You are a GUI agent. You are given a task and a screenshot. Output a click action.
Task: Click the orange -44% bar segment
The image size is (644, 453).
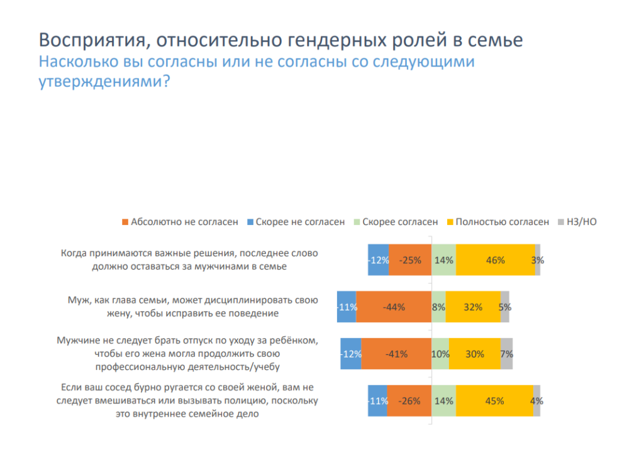click(394, 307)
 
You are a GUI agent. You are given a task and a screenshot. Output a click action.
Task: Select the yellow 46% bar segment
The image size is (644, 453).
click(496, 259)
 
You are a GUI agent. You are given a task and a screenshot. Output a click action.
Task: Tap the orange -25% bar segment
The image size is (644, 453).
click(410, 259)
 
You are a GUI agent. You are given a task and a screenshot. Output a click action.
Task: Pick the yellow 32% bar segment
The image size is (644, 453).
click(473, 307)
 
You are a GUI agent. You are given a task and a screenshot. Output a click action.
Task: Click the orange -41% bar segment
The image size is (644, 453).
click(396, 354)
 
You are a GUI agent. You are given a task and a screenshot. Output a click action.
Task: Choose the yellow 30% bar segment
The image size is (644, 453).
click(475, 354)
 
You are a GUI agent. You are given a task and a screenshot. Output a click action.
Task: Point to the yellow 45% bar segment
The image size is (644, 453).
click(494, 401)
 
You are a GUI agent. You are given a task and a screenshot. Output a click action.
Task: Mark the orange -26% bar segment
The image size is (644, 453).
click(409, 401)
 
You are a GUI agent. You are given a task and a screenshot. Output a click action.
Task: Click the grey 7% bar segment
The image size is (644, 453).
click(506, 354)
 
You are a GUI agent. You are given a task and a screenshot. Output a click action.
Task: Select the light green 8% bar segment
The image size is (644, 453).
click(438, 307)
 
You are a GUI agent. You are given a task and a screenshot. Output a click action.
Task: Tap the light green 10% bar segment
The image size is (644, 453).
click(440, 354)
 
